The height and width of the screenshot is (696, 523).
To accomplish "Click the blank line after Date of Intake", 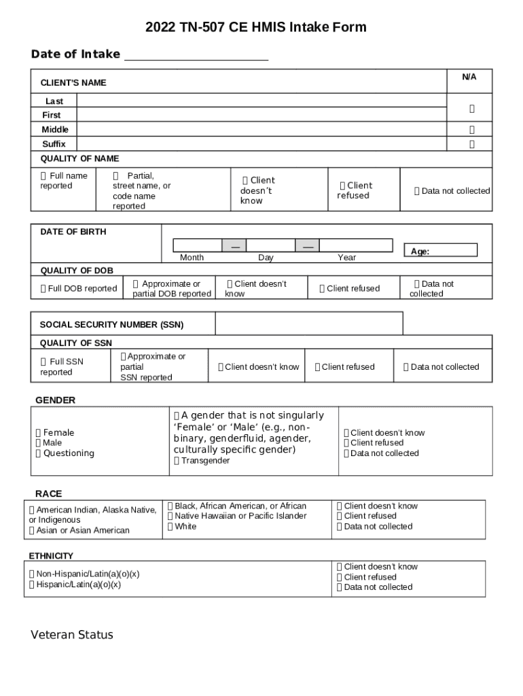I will click(196, 54).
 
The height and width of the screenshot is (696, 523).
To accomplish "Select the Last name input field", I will click(261, 101).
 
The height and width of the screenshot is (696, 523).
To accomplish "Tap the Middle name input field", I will click(261, 129).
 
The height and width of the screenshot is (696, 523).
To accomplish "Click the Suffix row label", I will click(54, 144).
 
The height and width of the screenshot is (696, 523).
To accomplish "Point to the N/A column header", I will click(469, 77).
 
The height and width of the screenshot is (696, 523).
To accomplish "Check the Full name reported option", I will click(44, 176).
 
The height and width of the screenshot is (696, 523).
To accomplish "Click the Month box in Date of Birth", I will click(197, 245).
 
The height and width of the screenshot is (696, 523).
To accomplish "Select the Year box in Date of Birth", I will click(355, 245).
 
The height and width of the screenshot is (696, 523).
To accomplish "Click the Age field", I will click(452, 251).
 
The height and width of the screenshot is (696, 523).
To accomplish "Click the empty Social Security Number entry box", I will click(308, 324).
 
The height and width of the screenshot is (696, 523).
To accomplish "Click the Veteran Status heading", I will click(72, 636).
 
